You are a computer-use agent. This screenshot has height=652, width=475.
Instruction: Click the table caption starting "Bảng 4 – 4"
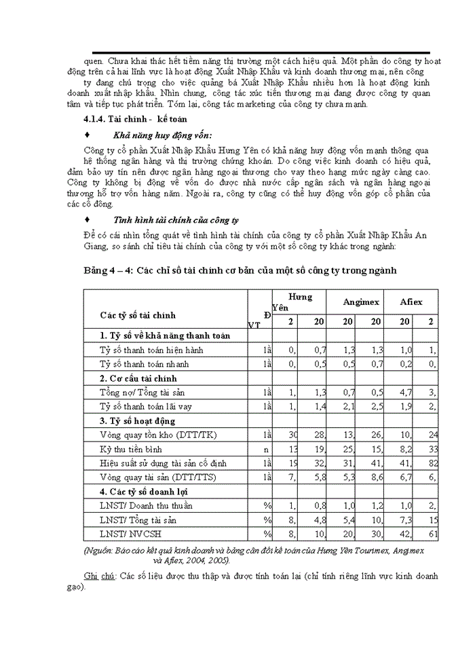tap(240, 270)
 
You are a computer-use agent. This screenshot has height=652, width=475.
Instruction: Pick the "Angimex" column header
tap(361, 301)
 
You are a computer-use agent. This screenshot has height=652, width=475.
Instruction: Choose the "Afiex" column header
tap(411, 301)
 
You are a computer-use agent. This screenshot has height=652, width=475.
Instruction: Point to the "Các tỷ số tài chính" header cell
tap(138, 315)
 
